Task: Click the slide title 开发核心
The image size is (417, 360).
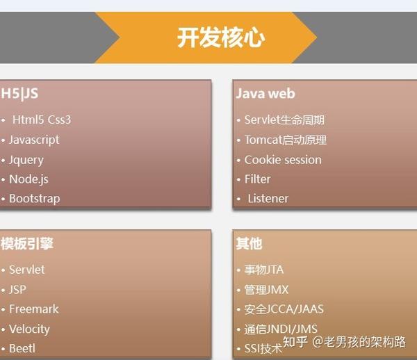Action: pos(221,38)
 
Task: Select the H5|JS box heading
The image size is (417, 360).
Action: pos(19,94)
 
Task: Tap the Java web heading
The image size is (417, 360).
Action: pos(265,94)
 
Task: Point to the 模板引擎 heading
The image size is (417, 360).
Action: pos(27,243)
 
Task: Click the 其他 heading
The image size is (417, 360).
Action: pos(249,243)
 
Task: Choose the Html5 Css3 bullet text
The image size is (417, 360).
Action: pos(42,120)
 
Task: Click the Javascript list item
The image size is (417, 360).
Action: pos(34,140)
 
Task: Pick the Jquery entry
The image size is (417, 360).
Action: pos(26,160)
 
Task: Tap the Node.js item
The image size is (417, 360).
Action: pos(28,179)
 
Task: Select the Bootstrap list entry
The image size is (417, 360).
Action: pos(35,199)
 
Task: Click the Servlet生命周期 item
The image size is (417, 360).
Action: pos(284,120)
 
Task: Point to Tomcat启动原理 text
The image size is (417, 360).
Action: pos(286,140)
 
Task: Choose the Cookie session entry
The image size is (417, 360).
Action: pos(283,160)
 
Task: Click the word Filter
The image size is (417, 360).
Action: pos(257,179)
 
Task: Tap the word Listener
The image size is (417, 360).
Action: pos(268,199)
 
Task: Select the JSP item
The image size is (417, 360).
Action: pos(18,290)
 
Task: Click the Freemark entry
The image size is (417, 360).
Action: pos(34,309)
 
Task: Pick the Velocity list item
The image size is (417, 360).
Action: pos(29,329)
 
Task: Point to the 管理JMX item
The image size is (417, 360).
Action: pos(266,290)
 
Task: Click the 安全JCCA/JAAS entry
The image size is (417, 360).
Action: pos(284,309)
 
